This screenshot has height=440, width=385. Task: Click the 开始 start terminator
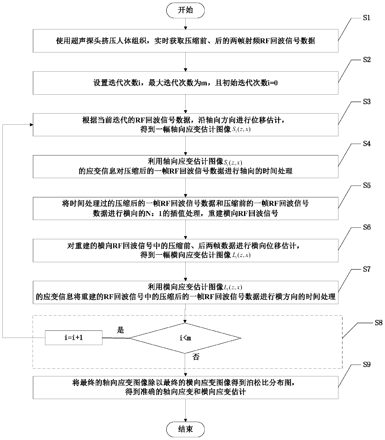[x=185, y=11]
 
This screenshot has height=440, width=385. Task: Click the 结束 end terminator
[x=185, y=429]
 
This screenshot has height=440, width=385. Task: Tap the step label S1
[x=367, y=18]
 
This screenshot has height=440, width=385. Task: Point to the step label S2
[x=367, y=60]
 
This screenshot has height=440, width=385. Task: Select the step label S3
[x=367, y=102]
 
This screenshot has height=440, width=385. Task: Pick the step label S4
[x=367, y=144]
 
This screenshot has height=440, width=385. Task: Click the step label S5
[x=367, y=186]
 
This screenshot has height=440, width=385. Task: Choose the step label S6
[x=367, y=227]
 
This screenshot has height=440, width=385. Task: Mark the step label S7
[x=367, y=269]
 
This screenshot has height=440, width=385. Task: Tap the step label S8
[x=378, y=323]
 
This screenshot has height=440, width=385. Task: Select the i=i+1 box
[x=74, y=338]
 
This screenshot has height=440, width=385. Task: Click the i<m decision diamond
[x=185, y=338]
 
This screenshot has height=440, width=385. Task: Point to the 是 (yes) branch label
[x=120, y=330]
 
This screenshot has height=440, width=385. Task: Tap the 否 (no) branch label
[x=196, y=357]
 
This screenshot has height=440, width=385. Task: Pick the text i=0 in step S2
[x=272, y=83]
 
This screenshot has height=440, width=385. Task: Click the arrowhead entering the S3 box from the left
[x=31, y=125]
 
